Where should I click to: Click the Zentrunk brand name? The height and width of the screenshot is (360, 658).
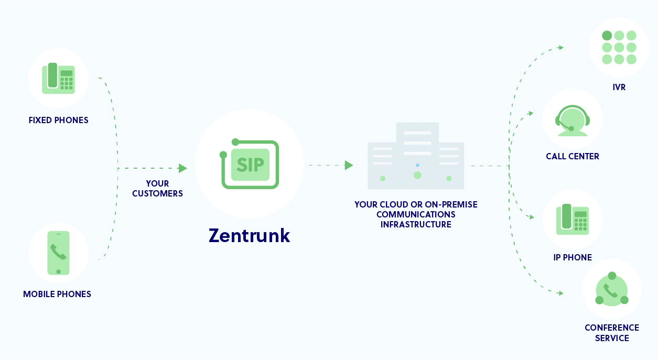[250, 235]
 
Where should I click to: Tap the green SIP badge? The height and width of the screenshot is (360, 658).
[250, 165]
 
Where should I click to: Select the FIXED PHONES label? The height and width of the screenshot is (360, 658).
[58, 120]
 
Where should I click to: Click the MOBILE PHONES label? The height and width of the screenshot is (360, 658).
[57, 294]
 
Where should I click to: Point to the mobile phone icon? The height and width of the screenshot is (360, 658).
[58, 253]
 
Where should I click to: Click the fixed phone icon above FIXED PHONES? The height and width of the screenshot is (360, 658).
[58, 79]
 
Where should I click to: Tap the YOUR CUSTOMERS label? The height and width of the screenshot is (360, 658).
[157, 189]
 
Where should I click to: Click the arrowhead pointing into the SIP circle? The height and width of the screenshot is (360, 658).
[182, 168]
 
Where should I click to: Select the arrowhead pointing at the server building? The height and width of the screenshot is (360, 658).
[349, 165]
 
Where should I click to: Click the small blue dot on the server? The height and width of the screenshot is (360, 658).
[417, 165]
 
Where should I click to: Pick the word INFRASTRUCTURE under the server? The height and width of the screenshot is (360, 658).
[416, 224]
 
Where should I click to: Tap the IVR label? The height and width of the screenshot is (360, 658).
[619, 87]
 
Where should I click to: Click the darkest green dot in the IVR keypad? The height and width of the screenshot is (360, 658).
[607, 36]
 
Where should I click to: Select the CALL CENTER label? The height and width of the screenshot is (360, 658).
[573, 156]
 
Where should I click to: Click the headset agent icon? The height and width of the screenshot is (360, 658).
[573, 121]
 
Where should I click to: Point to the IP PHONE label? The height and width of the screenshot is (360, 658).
[573, 257]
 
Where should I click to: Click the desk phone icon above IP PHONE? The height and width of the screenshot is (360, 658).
[573, 220]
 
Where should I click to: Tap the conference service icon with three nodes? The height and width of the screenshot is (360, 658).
[612, 289]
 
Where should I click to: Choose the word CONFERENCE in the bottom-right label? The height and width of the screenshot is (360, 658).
[612, 328]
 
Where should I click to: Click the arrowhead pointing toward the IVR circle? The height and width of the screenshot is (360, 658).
[561, 47]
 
